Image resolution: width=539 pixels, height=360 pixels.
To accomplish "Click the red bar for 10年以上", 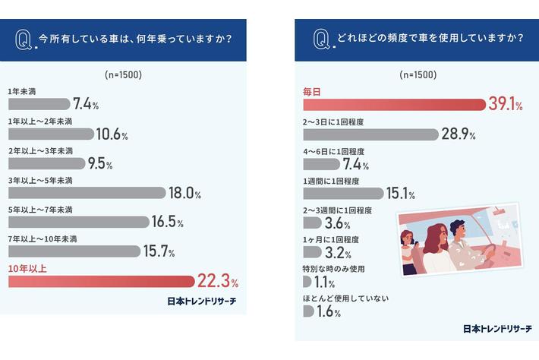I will tap(101, 282).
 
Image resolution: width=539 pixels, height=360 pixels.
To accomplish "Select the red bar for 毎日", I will tap(393, 105).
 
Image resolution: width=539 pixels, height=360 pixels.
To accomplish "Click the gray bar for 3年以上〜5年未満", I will tap(86, 193).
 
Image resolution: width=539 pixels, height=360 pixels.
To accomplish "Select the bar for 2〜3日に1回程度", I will tap(370, 134).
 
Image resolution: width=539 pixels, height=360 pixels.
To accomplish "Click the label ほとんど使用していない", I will tap(345, 298).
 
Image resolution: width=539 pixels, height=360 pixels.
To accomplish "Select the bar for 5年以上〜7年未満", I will tap(78, 222).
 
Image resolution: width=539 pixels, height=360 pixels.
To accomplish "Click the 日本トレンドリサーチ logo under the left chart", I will tap(201, 302).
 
